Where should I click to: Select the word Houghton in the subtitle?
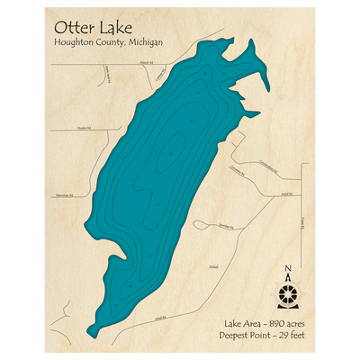coord(74,44)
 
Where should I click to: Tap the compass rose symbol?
coord(287,293)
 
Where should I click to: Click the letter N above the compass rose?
coord(287,269)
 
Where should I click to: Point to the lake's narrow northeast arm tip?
coord(266,87)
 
